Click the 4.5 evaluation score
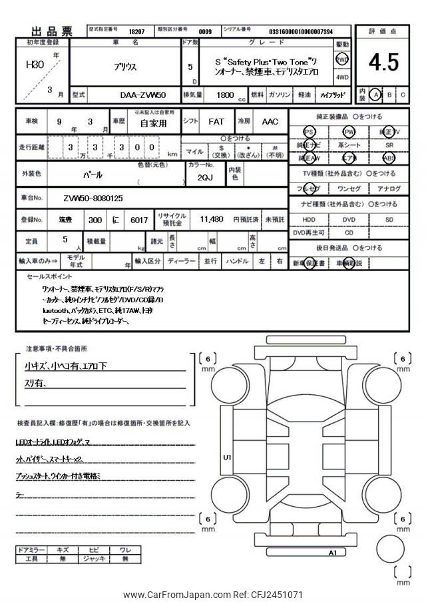pos(383,62)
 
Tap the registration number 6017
pos(140,220)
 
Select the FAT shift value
pos(216,122)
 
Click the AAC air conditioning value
pos(270,122)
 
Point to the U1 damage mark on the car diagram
pos(227,457)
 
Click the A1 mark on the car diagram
pos(332,553)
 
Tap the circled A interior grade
pos(376,95)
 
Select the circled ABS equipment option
pos(389,158)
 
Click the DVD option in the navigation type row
pos(349,218)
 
